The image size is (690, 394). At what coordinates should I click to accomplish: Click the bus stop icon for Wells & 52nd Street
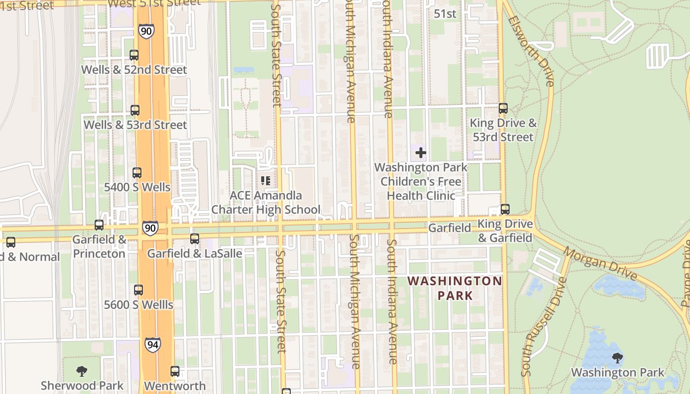[x=134, y=55]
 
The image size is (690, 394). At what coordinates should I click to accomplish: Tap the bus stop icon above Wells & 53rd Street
[x=135, y=110]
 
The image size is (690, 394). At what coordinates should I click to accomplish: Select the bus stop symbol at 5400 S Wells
[x=137, y=173]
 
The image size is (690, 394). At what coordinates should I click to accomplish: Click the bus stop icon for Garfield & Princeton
[x=99, y=225]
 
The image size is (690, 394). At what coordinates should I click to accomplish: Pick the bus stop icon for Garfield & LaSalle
[x=195, y=239]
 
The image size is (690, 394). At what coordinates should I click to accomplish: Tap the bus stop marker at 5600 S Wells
[x=138, y=290]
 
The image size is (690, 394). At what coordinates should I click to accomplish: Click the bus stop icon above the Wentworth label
[x=175, y=371]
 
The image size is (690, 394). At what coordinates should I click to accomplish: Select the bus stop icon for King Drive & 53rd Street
[x=503, y=108]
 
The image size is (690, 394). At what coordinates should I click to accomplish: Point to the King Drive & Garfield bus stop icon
[x=505, y=209]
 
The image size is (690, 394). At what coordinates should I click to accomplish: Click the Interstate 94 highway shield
[x=153, y=344]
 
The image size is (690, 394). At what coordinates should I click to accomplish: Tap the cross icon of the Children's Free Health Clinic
[x=420, y=153]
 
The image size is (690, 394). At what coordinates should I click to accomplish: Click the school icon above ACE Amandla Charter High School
[x=266, y=181]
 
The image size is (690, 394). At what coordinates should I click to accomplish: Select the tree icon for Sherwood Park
[x=82, y=371]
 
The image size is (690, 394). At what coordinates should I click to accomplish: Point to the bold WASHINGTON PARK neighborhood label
[x=454, y=288]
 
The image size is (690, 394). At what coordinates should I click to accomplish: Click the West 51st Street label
[x=154, y=3]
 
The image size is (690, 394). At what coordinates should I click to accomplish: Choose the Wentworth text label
[x=175, y=386]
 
